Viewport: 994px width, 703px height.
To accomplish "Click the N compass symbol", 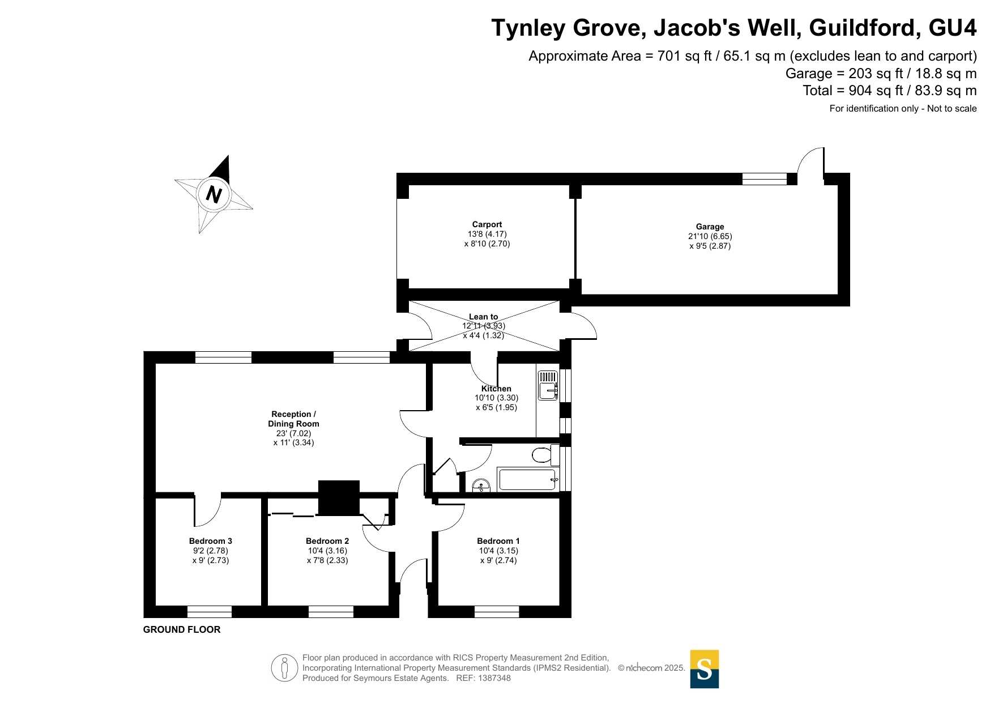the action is pyautogui.click(x=214, y=194).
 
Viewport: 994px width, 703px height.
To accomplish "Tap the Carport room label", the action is pyautogui.click(x=487, y=224).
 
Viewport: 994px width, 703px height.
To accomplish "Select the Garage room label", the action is pyautogui.click(x=710, y=227).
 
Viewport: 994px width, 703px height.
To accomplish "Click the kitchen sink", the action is pyautogui.click(x=548, y=385).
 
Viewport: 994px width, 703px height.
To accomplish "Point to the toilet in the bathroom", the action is pyautogui.click(x=545, y=455).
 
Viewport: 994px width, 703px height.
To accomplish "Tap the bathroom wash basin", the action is pyautogui.click(x=481, y=486).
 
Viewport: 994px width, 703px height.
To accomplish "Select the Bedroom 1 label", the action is pyautogui.click(x=498, y=541).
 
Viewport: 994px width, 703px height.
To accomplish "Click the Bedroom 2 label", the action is pyautogui.click(x=327, y=541).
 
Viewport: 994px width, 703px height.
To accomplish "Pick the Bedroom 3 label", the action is pyautogui.click(x=211, y=541).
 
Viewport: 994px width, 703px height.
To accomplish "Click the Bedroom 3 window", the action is pyautogui.click(x=210, y=612).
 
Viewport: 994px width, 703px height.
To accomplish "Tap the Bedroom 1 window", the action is pyautogui.click(x=497, y=612).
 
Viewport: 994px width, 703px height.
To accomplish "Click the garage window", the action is pyautogui.click(x=765, y=179).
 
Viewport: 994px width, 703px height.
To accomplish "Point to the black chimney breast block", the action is pyautogui.click(x=339, y=498).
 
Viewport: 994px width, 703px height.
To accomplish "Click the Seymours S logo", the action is pyautogui.click(x=705, y=669).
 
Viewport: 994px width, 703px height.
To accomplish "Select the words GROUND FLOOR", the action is pyautogui.click(x=182, y=629).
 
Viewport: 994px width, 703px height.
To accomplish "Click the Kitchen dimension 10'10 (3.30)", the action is pyautogui.click(x=496, y=398).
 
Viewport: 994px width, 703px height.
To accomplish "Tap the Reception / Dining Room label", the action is pyautogui.click(x=293, y=419).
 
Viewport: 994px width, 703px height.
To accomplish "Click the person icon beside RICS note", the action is pyautogui.click(x=284, y=668).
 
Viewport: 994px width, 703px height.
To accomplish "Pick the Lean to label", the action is pyautogui.click(x=484, y=317).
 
